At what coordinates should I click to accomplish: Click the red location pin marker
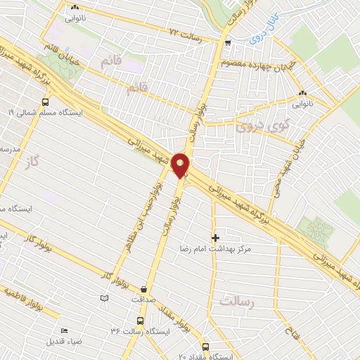[x=181, y=165]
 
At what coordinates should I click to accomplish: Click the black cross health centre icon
[x=215, y=238]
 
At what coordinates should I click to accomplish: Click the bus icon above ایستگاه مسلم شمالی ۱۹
[x=46, y=101]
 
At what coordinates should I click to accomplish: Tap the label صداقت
[x=143, y=298]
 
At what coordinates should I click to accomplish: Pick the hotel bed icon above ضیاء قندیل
[x=65, y=331]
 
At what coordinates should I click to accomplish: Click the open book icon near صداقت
[x=104, y=299]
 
